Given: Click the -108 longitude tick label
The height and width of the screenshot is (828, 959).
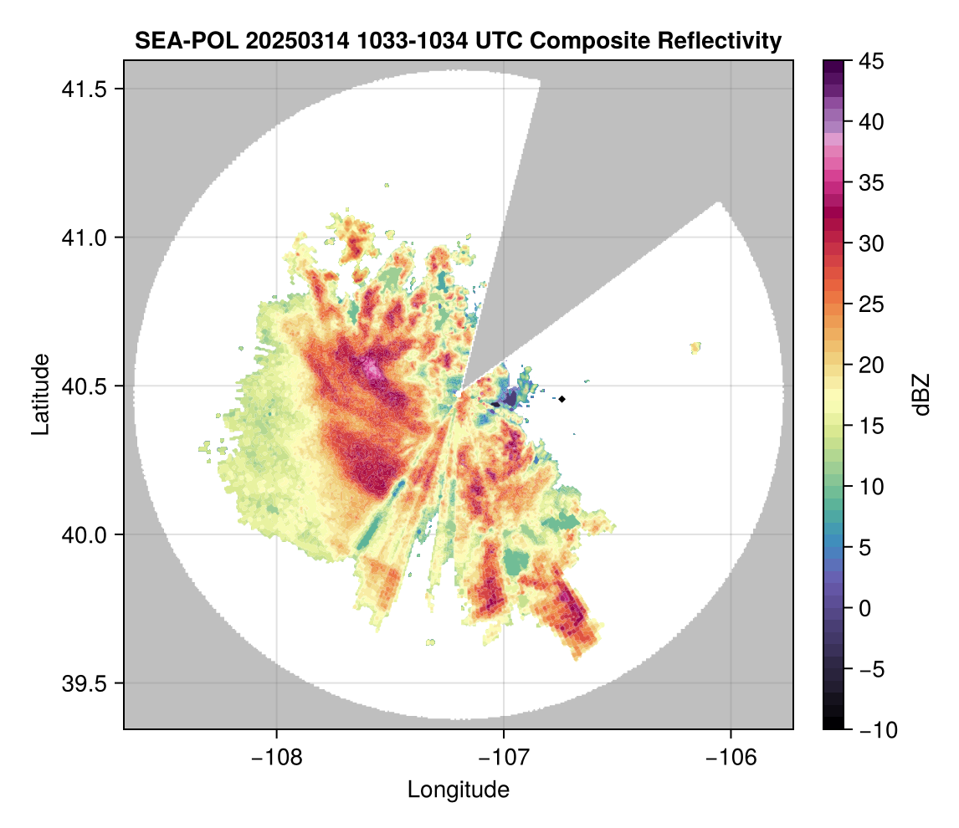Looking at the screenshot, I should (x=275, y=757).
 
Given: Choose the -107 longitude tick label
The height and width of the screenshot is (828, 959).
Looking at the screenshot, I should (x=504, y=757).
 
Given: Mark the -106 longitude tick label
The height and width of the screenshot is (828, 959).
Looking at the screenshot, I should (x=731, y=757).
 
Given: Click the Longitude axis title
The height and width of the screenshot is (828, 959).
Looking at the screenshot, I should (x=459, y=790).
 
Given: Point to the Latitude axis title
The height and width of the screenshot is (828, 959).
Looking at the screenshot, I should (x=40, y=394).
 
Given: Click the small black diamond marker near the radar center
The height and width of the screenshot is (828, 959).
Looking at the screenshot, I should (x=562, y=399).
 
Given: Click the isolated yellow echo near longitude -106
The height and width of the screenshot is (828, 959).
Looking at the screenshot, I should (x=695, y=347).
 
